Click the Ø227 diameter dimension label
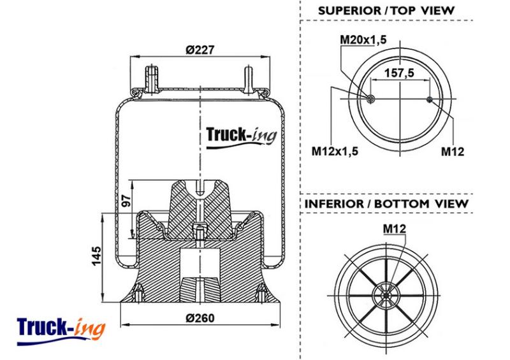(200, 50)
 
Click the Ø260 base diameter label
(200, 318)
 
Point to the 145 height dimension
(96, 256)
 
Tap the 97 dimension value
(126, 201)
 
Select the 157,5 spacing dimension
(400, 73)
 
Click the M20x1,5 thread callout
(363, 40)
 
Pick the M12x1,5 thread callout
(335, 151)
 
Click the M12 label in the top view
(453, 151)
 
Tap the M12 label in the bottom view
(395, 229)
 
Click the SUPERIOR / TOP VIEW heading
(386, 10)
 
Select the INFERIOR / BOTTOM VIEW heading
(386, 204)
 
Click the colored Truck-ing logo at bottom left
(61, 331)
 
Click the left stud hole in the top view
(370, 99)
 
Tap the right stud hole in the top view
(430, 99)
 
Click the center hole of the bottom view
(386, 296)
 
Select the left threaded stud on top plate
(151, 80)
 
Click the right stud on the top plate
(249, 80)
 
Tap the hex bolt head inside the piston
(200, 229)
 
